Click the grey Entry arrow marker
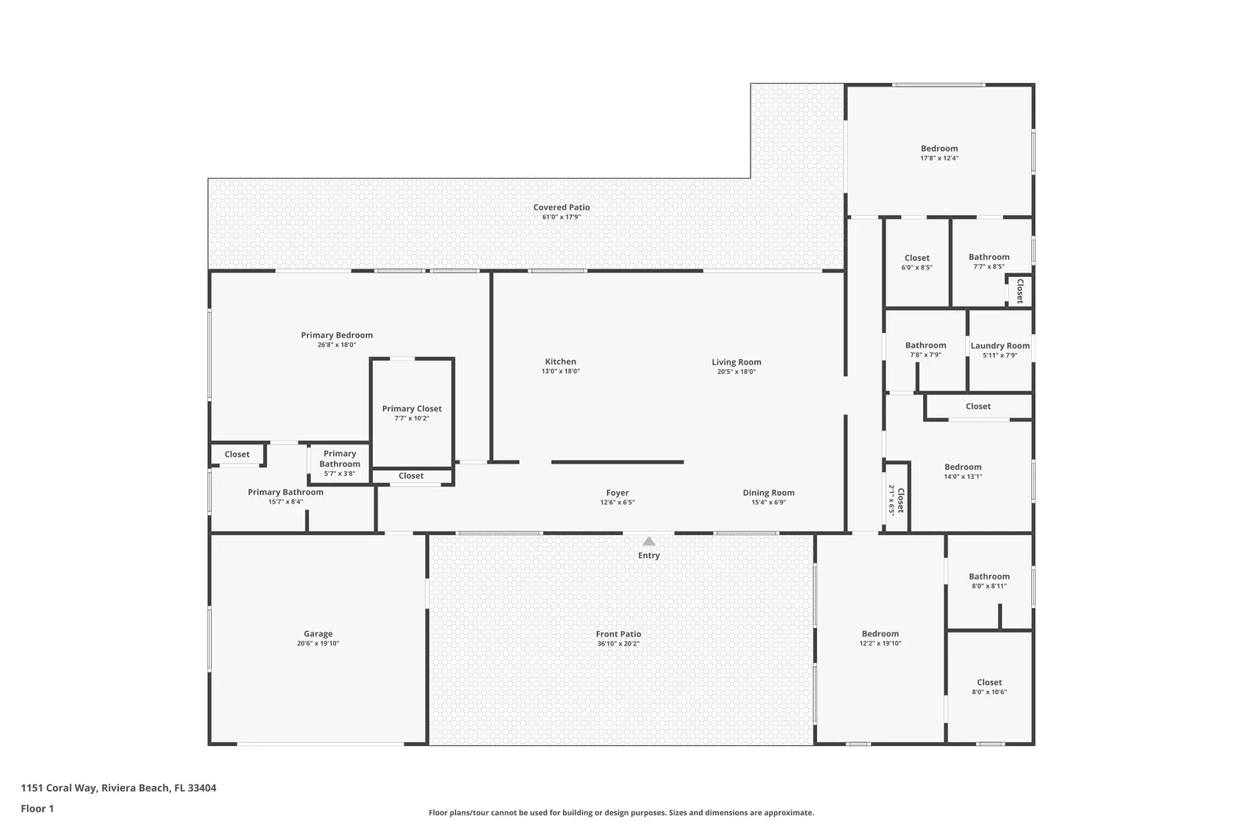click(648, 541)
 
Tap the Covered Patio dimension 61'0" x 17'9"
click(562, 217)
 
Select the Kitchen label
click(560, 362)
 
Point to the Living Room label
click(737, 362)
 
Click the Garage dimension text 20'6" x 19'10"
click(318, 643)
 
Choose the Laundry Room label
click(1000, 345)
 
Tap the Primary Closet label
click(412, 408)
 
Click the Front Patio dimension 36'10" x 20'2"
click(618, 644)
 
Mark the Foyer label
click(617, 493)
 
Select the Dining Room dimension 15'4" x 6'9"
click(769, 503)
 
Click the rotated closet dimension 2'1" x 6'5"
click(892, 500)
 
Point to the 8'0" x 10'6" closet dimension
click(989, 692)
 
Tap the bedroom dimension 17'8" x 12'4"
click(939, 158)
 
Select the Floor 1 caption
click(37, 808)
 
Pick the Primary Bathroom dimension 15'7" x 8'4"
click(285, 502)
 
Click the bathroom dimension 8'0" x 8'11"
click(989, 586)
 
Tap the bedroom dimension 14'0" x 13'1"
click(963, 477)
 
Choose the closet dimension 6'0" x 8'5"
click(917, 268)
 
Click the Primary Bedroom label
click(337, 335)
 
